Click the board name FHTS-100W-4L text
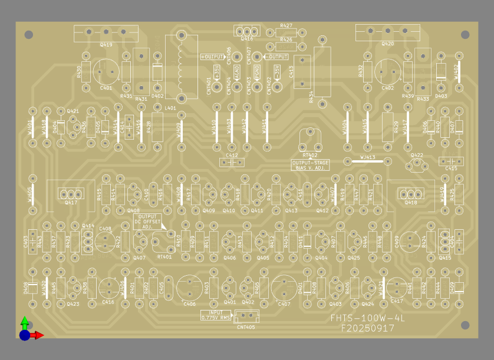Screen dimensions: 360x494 tap(368, 319)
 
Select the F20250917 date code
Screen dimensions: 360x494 tap(368, 329)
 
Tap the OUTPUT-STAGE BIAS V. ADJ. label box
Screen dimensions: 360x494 tap(311, 165)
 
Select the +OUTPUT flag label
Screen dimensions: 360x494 tap(212, 57)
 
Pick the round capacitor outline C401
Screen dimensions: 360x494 tap(106, 71)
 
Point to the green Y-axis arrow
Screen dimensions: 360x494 tap(24, 323)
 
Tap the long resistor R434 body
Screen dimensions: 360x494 tap(322, 71)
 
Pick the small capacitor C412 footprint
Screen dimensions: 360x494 tap(232, 161)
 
